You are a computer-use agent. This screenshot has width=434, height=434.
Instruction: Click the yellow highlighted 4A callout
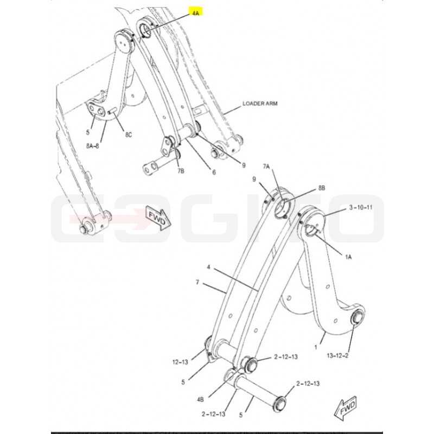point(196,12)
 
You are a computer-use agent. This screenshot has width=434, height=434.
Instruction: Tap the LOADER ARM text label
point(260,104)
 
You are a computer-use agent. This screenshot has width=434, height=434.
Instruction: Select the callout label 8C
point(129,135)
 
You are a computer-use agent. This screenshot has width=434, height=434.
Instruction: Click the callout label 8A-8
point(92,146)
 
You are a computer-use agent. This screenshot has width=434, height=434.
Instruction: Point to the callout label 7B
point(181,171)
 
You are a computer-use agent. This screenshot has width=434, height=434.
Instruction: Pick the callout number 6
point(214,172)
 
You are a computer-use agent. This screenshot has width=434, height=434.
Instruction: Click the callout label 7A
point(266,167)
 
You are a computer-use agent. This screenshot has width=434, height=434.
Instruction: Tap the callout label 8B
point(321,188)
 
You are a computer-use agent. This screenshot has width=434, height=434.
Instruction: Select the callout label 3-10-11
point(361,207)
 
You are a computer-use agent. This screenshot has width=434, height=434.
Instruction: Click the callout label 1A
point(348,257)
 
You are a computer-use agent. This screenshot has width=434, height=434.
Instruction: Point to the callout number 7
point(197,282)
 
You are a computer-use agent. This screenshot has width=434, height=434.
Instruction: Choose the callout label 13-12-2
point(337,356)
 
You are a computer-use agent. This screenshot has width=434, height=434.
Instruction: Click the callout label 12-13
point(180,362)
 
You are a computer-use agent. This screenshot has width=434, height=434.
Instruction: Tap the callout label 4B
point(200,399)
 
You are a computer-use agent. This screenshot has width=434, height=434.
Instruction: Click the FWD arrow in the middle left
point(158,219)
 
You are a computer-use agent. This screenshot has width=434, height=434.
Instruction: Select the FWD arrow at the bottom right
point(345,409)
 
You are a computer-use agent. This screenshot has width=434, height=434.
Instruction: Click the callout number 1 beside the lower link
point(316,347)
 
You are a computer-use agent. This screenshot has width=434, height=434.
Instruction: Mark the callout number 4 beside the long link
point(208,267)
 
